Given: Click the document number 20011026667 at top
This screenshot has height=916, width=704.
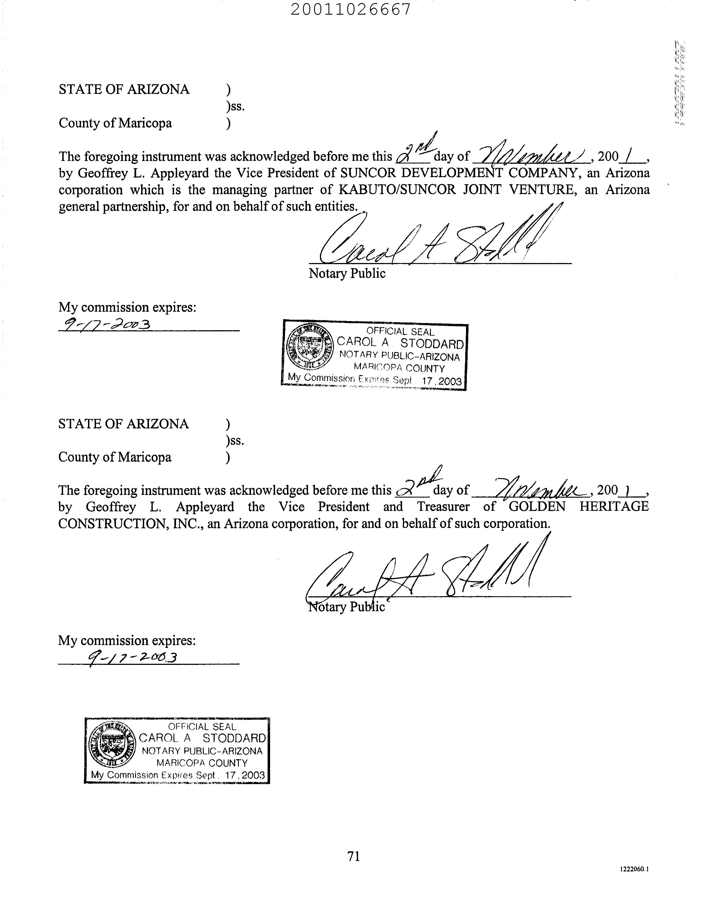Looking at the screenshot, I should [x=351, y=9].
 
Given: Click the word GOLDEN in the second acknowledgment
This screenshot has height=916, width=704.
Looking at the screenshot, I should [x=537, y=507].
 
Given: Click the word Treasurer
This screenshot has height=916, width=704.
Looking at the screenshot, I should [x=443, y=507].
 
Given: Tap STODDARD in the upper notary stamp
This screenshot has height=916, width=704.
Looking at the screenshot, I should [x=432, y=343].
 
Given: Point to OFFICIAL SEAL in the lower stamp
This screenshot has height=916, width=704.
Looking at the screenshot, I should [x=202, y=727].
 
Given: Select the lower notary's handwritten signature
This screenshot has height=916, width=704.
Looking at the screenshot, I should [x=423, y=574].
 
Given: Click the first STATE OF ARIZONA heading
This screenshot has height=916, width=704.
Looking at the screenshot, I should [x=124, y=90].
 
